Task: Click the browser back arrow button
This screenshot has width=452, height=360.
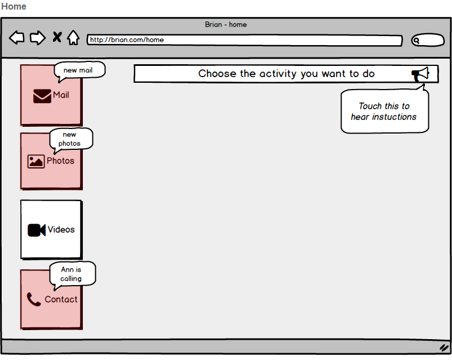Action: [x=17, y=38]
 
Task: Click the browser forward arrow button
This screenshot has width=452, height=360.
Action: [x=38, y=38]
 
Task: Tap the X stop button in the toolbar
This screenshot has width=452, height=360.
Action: [x=57, y=37]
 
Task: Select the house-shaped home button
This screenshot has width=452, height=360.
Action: [x=73, y=38]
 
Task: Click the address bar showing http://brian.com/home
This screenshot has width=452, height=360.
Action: [x=245, y=40]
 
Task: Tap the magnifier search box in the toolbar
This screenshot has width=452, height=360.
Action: [x=428, y=40]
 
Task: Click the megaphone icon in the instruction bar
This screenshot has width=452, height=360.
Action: [x=420, y=74]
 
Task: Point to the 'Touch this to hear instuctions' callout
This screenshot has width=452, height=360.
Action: [x=384, y=111]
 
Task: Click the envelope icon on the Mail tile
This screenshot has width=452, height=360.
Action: [x=42, y=96]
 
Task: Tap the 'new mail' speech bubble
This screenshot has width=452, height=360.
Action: [x=79, y=70]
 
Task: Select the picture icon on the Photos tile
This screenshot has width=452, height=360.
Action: [x=36, y=162]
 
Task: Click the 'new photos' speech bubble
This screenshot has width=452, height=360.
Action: [x=71, y=139]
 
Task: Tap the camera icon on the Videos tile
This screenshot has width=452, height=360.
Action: [x=37, y=230]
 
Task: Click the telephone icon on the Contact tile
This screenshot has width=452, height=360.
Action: [x=34, y=299]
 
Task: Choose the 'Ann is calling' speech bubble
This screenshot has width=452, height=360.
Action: [x=72, y=274]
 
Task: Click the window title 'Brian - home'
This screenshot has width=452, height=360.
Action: [x=225, y=24]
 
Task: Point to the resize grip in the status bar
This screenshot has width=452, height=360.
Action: [x=444, y=347]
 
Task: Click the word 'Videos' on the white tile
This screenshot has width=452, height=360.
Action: [x=61, y=229]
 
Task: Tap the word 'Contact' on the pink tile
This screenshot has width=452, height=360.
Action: [x=61, y=299]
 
